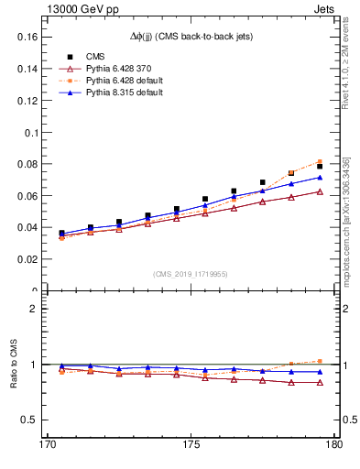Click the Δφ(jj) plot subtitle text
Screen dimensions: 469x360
[x=190, y=36]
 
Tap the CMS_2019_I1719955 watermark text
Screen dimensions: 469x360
[x=190, y=274]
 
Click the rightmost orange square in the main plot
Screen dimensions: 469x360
[x=320, y=162]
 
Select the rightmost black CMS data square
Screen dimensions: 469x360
[x=320, y=167]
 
